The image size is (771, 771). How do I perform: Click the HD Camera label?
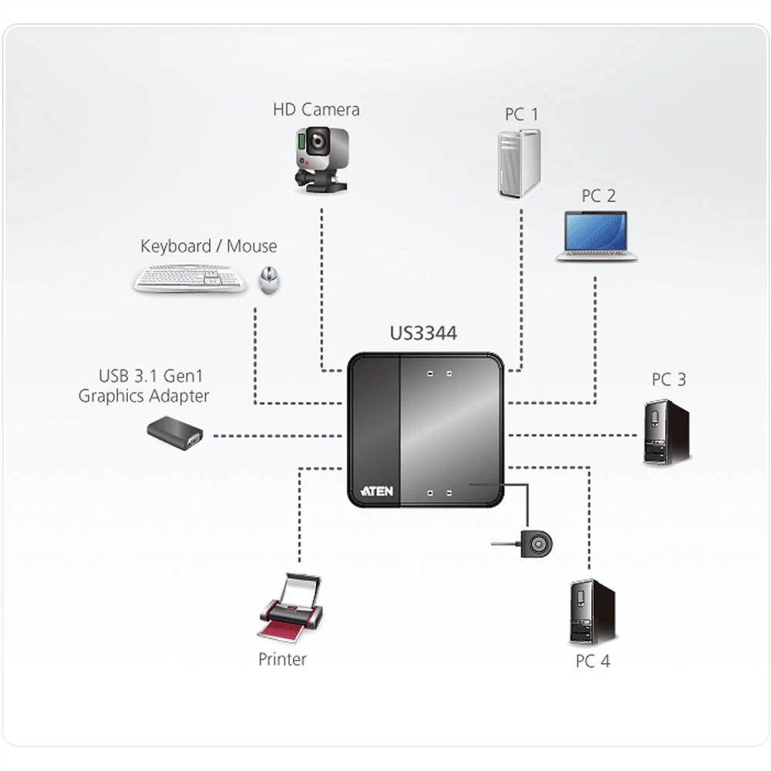pyautogui.click(x=316, y=109)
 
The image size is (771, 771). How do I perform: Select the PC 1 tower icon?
pyautogui.click(x=518, y=163)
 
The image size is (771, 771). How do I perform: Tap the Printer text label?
pyautogui.click(x=282, y=659)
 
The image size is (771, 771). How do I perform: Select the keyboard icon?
pyautogui.click(x=189, y=278)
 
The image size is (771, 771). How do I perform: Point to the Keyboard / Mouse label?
pyautogui.click(x=208, y=247)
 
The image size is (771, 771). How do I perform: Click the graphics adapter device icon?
pyautogui.click(x=175, y=432)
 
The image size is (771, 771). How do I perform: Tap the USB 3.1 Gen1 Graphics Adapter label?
pyautogui.click(x=143, y=386)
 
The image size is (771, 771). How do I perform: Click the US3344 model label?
pyautogui.click(x=423, y=334)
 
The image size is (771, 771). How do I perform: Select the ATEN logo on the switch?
pyautogui.click(x=377, y=490)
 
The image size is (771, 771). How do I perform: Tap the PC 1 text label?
pyautogui.click(x=522, y=115)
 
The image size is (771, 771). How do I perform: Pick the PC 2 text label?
pyautogui.click(x=598, y=196)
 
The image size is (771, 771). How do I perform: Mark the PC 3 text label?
pyautogui.click(x=668, y=379)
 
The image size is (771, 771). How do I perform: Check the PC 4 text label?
pyautogui.click(x=592, y=661)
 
